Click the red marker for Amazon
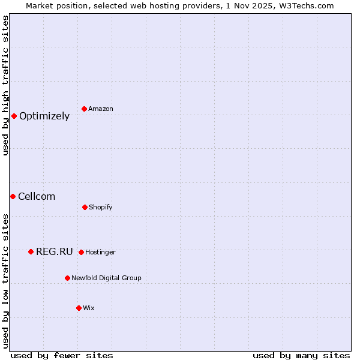(85, 109)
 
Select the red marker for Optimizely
(14, 116)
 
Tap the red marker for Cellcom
(13, 196)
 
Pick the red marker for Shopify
(85, 207)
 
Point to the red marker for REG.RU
(31, 251)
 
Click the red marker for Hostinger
(81, 252)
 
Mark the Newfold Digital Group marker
(67, 278)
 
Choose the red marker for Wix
(79, 308)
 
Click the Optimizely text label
(44, 116)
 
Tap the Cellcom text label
(37, 197)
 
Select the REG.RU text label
(54, 252)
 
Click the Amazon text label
(101, 109)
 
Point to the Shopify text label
(101, 208)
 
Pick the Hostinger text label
(100, 253)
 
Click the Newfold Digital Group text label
(106, 278)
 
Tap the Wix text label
(89, 308)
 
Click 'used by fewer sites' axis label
(62, 355)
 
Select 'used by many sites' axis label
(301, 355)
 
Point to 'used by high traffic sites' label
(5, 85)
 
